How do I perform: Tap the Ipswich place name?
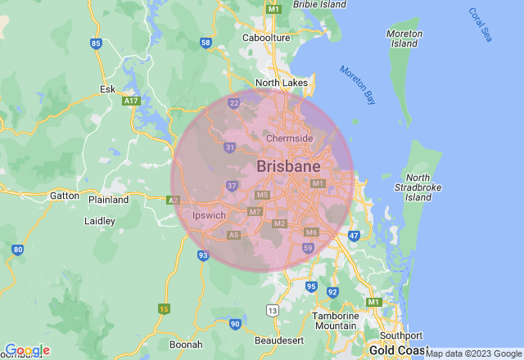point(208,215)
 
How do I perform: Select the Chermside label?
point(289,138)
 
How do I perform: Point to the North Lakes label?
point(282,83)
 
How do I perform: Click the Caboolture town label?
point(267,38)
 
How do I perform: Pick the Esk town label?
point(107,88)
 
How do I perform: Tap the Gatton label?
point(65,196)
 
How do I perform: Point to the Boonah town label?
point(185,345)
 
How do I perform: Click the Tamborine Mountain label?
point(336,321)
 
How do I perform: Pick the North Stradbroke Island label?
point(418,187)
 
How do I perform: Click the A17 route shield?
point(130,101)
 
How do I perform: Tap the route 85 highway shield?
point(97,43)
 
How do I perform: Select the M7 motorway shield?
point(255,212)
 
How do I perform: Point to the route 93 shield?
point(203,256)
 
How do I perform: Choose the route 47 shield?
point(354,236)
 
